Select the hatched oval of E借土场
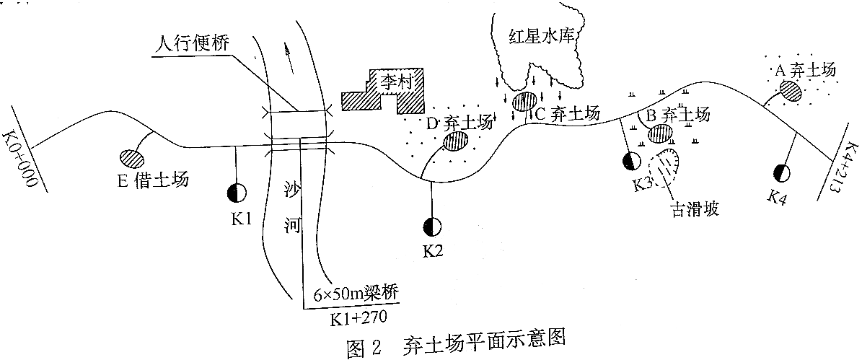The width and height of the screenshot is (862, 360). [x=131, y=157]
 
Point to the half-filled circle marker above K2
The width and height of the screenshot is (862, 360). [x=433, y=227]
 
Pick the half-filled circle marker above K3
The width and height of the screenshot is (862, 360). [x=631, y=161]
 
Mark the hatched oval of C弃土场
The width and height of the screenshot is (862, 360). [x=524, y=102]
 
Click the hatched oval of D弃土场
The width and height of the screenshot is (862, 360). [x=454, y=141]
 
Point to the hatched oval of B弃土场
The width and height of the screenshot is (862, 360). [x=660, y=133]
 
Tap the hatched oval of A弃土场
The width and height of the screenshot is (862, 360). [x=790, y=90]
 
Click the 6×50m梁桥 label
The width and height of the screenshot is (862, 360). [x=357, y=295]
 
